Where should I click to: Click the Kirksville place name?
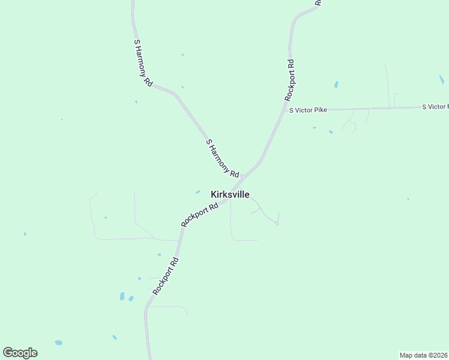pyautogui.click(x=230, y=194)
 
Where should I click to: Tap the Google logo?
pyautogui.click(x=20, y=353)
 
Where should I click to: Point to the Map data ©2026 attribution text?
pyautogui.click(x=423, y=355)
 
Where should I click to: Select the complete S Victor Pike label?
pyautogui.click(x=308, y=110)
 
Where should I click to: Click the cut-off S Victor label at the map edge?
pyautogui.click(x=435, y=107)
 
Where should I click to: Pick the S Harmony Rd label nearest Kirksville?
pyautogui.click(x=223, y=157)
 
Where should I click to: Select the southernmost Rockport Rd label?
pyautogui.click(x=166, y=276)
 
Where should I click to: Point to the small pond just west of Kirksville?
pyautogui.click(x=197, y=192)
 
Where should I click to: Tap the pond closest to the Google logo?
pyautogui.click(x=58, y=343)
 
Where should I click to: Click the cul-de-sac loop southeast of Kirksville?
pyautogui.click(x=277, y=223)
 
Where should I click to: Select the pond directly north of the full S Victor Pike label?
pyautogui.click(x=336, y=85)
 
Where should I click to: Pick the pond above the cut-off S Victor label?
pyautogui.click(x=441, y=79)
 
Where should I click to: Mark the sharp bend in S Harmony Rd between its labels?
pyautogui.click(x=176, y=94)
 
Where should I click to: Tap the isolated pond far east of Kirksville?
pyautogui.click(x=408, y=199)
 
